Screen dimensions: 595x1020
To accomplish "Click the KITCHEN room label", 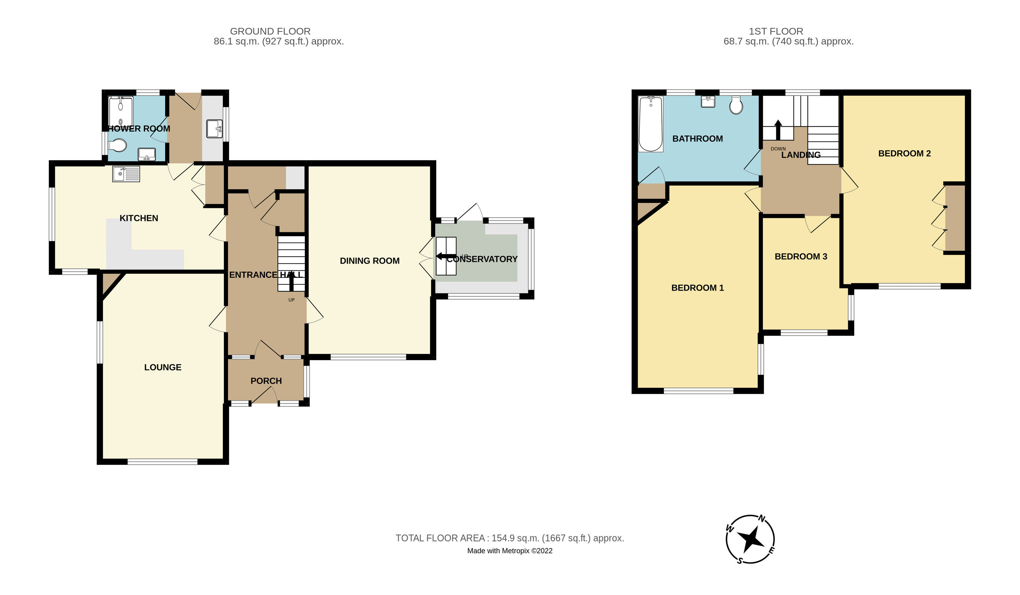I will coord(139,218).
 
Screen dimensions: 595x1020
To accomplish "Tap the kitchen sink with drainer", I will coord(126,174).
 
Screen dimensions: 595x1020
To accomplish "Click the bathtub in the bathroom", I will coord(650,124).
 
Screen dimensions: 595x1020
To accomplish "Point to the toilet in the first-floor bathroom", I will coord(736,106).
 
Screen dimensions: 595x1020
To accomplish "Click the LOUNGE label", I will coord(163,367).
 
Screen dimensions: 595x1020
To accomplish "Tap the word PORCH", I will coord(266,381).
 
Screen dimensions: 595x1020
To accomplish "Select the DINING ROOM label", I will coord(370,261).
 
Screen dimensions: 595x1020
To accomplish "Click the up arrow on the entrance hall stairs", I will coord(291,281).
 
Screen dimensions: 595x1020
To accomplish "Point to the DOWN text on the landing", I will coord(778,149).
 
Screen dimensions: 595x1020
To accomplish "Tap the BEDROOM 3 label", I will coord(801,256).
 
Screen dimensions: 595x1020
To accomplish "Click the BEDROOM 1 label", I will coord(697,288).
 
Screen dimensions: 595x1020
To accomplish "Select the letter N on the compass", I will coord(762,519).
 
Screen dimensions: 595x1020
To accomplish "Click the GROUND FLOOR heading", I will coord(270,31).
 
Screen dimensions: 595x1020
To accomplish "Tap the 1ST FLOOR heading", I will coord(775,31).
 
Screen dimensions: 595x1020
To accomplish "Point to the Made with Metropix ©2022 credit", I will coord(510,551).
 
